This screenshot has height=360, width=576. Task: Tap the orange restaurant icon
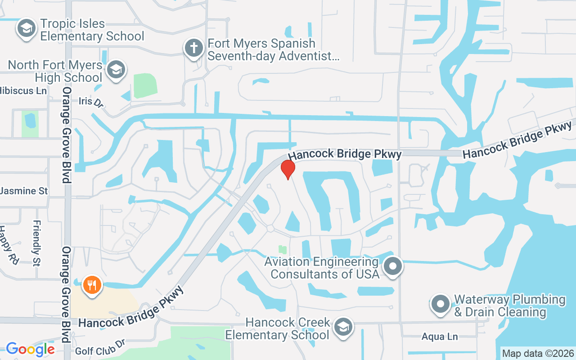pyautogui.click(x=92, y=285)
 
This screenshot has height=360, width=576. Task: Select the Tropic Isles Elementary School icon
pyautogui.click(x=26, y=29)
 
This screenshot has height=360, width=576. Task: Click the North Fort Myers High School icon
pyautogui.click(x=117, y=70)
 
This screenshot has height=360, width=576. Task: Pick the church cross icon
pyautogui.click(x=194, y=49)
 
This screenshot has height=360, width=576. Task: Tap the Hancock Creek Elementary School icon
pyautogui.click(x=343, y=328)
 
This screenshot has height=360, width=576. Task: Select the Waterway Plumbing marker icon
pyautogui.click(x=440, y=305)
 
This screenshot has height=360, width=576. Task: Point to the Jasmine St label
pyautogui.click(x=23, y=191)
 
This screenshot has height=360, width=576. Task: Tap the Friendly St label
pyautogui.click(x=37, y=243)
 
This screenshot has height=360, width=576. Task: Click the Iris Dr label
pyautogui.click(x=91, y=102)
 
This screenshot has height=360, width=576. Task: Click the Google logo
pyautogui.click(x=30, y=349)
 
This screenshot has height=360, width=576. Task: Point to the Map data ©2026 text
pyautogui.click(x=538, y=353)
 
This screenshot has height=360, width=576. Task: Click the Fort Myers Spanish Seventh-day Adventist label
pyautogui.click(x=273, y=50)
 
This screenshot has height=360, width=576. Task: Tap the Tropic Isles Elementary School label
pyautogui.click(x=92, y=30)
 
